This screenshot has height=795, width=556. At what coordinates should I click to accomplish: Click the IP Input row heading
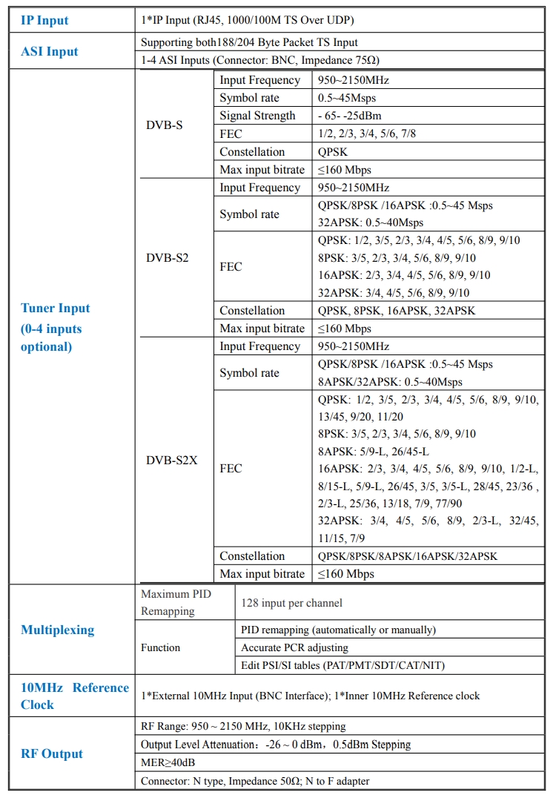(44, 20)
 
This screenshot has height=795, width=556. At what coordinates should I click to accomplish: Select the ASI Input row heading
(50, 51)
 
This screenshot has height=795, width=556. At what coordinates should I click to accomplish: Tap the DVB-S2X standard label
(172, 460)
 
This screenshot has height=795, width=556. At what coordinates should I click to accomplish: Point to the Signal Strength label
(257, 116)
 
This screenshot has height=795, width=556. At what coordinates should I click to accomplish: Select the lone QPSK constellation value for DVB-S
(334, 152)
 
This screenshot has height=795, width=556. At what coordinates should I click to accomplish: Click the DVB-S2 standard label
(168, 258)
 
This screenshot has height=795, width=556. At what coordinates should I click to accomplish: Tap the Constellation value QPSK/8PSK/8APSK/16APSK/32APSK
(407, 556)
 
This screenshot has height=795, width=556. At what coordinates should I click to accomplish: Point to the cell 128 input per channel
(291, 603)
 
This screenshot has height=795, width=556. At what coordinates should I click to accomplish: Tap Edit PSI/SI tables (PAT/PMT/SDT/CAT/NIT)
(342, 665)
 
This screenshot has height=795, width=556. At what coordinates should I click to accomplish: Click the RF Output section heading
(52, 753)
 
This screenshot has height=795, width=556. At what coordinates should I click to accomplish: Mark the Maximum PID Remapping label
(176, 602)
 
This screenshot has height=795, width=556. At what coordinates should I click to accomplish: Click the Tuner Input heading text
(56, 309)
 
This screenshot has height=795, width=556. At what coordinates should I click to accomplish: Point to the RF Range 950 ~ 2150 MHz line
(243, 727)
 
